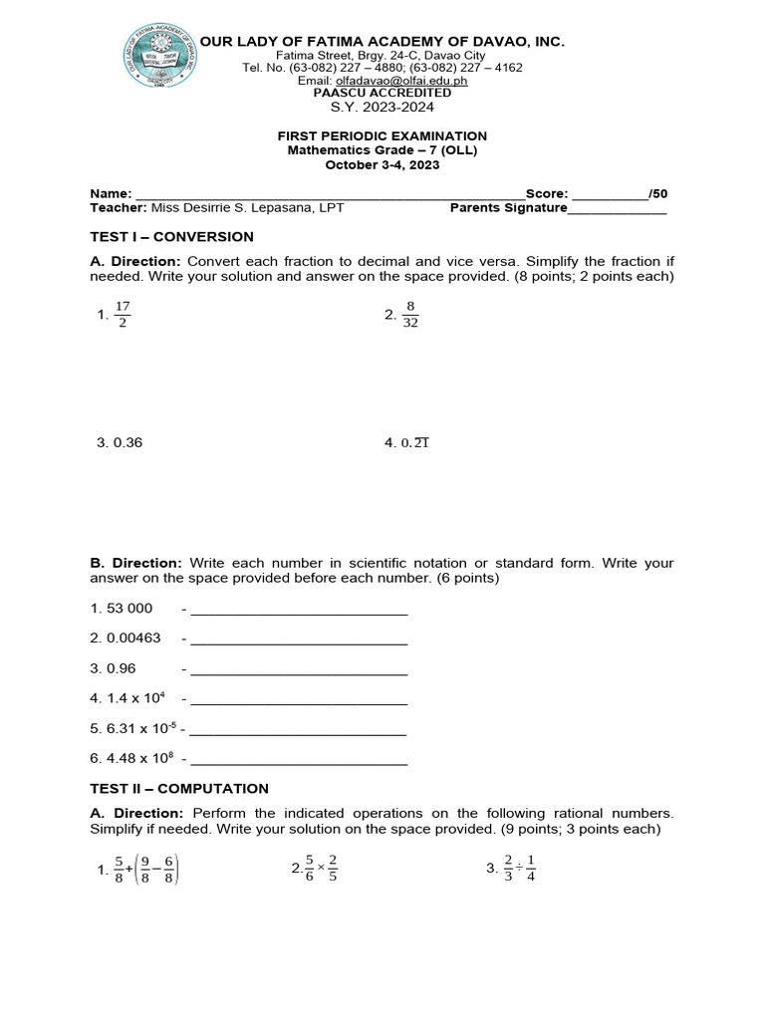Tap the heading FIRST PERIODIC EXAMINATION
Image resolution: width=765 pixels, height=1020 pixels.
[382, 135]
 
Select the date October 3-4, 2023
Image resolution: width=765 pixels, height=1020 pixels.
[382, 165]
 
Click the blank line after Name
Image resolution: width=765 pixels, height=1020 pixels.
[329, 194]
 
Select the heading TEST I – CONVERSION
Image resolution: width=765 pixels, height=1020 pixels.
[171, 237]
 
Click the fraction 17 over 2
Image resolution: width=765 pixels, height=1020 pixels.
[122, 315]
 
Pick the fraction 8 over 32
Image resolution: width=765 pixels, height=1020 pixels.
[410, 315]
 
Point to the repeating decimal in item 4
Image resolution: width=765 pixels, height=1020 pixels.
[414, 443]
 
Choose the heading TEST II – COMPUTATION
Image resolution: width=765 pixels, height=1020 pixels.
[179, 788]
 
